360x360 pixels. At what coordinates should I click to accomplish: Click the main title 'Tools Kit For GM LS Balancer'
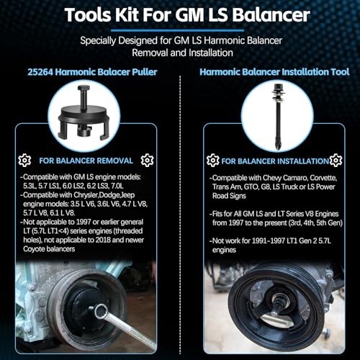180,16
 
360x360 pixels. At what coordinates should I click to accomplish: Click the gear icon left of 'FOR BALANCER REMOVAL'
25,160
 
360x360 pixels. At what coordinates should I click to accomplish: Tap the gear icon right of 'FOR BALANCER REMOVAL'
148,160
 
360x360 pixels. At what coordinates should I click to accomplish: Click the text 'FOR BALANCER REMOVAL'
86,160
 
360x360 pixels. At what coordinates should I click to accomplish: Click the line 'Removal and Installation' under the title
180,53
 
